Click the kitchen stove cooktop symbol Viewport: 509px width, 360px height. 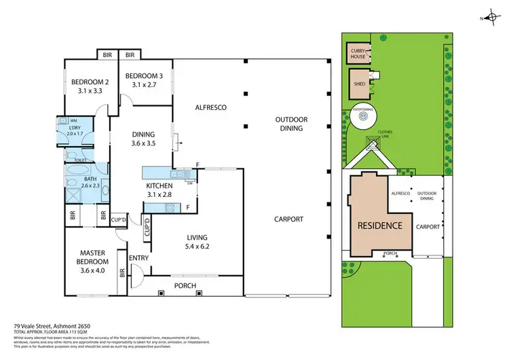170,209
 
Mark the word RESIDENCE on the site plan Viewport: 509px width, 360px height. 380,226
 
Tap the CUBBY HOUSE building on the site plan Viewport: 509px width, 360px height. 358,54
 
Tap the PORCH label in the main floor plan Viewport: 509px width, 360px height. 185,285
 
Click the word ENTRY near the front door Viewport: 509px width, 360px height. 139,257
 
